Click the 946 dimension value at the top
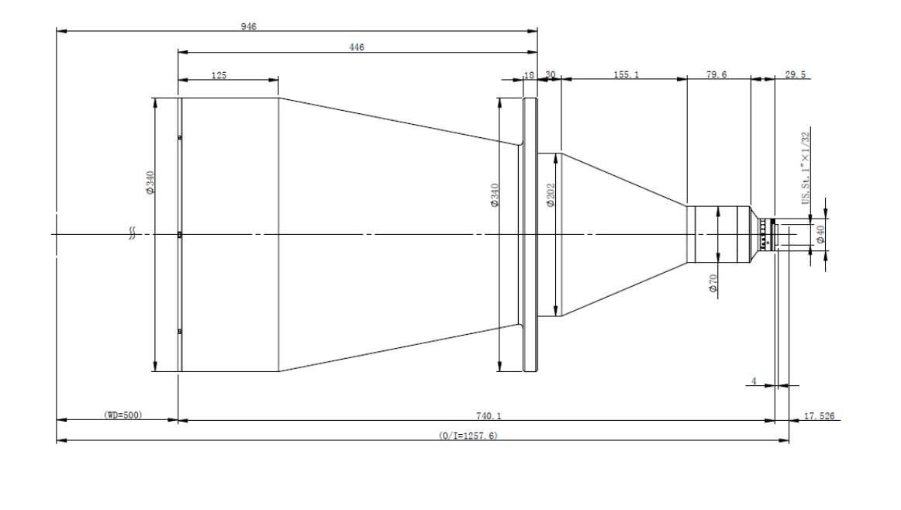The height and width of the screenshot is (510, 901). (x=249, y=26)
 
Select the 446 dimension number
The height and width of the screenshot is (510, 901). (x=357, y=47)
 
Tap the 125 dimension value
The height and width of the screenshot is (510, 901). (x=219, y=74)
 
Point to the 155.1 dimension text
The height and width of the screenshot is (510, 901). (x=627, y=74)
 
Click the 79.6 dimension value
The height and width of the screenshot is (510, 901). (x=716, y=74)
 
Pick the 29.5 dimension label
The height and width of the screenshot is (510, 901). (x=796, y=74)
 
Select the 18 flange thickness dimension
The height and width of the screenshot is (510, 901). (x=530, y=74)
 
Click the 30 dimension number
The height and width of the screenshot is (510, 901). (x=551, y=74)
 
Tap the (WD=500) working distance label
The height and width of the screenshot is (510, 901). (x=123, y=415)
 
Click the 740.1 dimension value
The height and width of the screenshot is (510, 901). (x=489, y=415)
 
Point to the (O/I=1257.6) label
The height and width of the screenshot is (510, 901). (x=468, y=436)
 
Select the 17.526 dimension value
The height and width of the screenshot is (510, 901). (x=820, y=415)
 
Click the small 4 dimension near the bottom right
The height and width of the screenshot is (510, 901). (x=754, y=381)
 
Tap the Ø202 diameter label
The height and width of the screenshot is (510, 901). (x=551, y=195)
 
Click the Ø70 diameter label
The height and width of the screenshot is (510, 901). (x=713, y=283)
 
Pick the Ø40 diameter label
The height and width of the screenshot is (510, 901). (x=820, y=234)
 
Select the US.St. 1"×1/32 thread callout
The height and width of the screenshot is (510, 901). (x=806, y=168)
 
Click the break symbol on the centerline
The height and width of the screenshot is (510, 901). (x=132, y=234)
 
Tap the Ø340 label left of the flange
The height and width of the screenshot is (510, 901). (x=495, y=195)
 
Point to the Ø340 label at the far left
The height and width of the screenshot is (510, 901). (x=150, y=183)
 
